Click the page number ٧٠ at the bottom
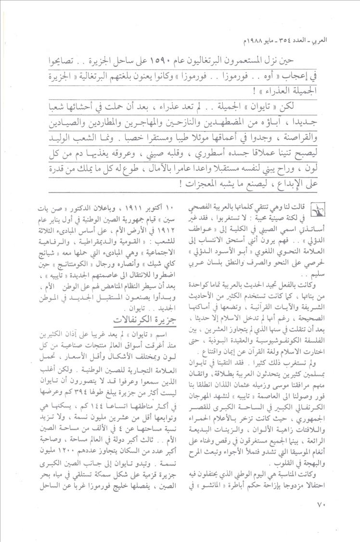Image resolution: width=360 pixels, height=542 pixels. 322,518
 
